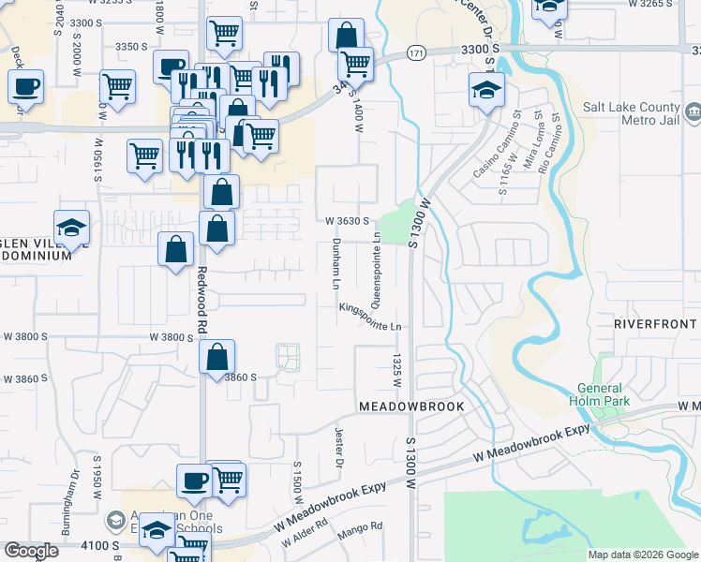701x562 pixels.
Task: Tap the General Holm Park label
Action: [599, 394]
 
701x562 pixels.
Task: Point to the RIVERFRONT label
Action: [656, 323]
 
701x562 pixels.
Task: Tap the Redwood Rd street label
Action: [201, 303]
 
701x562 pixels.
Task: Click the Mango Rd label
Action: [363, 528]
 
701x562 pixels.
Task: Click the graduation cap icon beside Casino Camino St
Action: [486, 91]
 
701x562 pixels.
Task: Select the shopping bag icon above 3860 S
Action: [217, 357]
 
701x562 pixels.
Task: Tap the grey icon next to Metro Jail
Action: [694, 114]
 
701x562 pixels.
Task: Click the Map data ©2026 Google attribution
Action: [642, 555]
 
